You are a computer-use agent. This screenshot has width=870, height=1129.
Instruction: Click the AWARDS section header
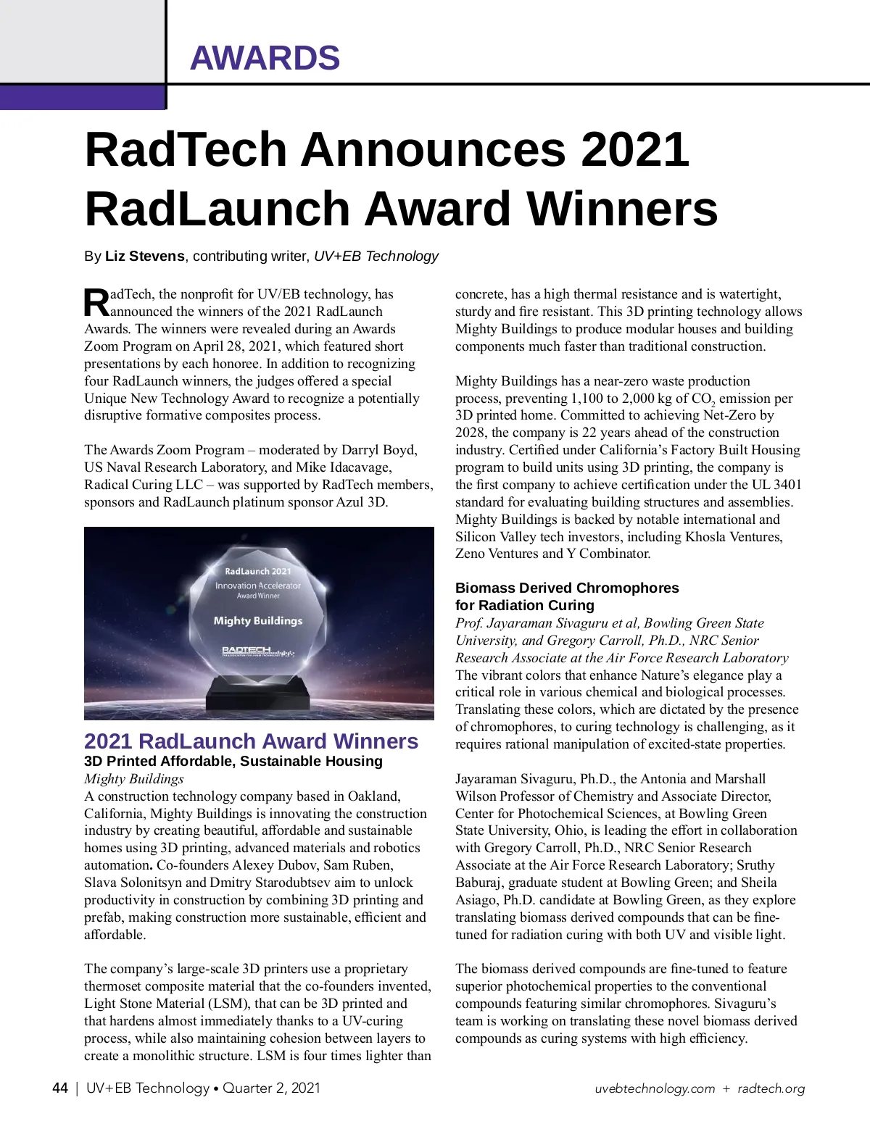coord(265,58)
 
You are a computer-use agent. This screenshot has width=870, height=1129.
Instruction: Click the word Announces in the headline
coord(434,149)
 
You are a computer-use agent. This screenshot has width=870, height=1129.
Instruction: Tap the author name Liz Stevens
coord(145,256)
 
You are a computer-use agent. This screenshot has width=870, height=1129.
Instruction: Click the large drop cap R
coord(96,303)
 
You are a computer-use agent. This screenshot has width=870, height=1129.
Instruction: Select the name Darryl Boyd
coord(379,450)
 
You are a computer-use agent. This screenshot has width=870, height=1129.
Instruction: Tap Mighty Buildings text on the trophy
coord(258,621)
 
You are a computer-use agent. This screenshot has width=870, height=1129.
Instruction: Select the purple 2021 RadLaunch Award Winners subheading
coord(251,741)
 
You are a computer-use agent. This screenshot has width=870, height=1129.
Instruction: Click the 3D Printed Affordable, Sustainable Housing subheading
coord(233,761)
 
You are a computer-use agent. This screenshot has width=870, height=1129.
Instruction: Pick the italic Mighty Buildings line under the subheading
coord(134,779)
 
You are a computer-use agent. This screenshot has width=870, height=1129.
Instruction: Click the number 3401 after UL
coord(787,485)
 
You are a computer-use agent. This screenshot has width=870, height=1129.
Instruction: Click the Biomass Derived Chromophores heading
coord(567,588)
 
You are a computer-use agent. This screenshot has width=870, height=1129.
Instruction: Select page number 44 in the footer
coord(60,1088)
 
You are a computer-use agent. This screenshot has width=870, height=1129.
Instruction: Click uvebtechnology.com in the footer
coord(655,1088)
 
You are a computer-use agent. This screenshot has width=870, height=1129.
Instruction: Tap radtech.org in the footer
coord(771,1088)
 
